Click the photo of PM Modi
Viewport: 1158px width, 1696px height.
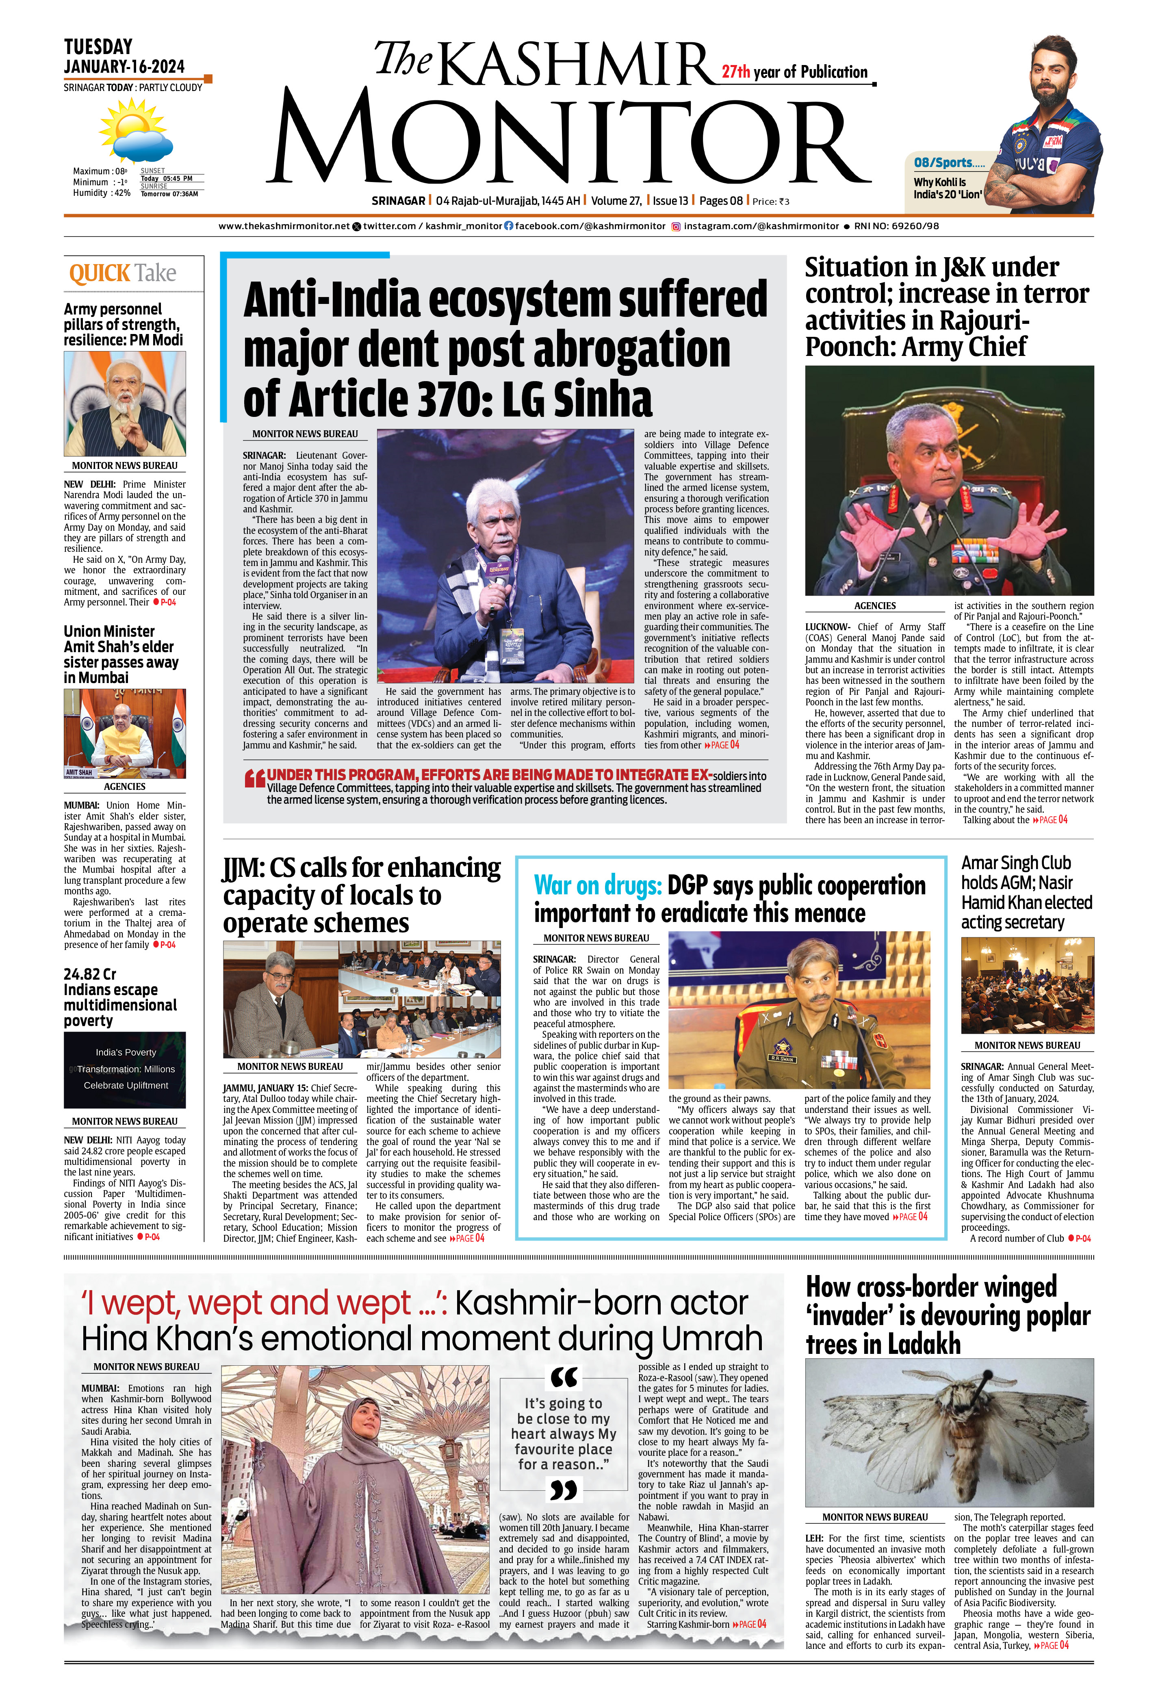125,403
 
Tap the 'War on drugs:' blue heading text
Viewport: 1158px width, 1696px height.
597,885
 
